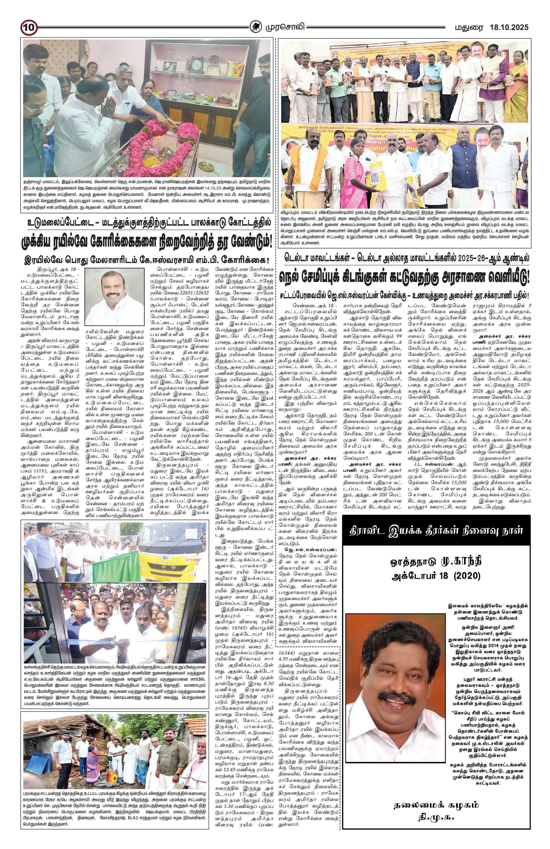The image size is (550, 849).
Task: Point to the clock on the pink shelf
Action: (195, 65)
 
